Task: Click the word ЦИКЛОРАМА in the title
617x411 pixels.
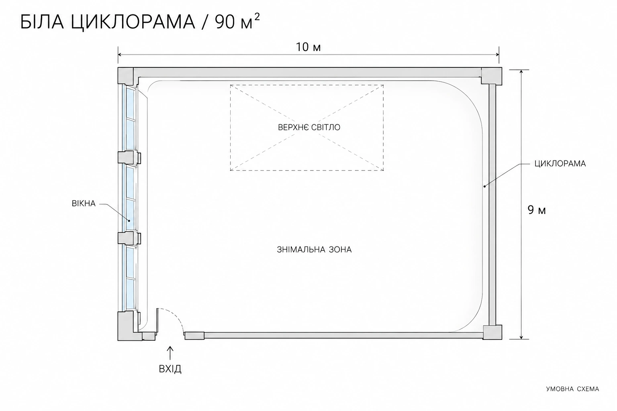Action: click(x=133, y=22)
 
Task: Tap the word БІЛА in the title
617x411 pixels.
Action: click(x=42, y=22)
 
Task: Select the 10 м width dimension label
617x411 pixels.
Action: click(x=308, y=47)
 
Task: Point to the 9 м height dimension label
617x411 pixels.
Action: click(x=537, y=210)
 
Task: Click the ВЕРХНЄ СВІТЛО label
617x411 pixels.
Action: click(x=309, y=128)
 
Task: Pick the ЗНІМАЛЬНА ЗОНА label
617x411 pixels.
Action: click(x=314, y=250)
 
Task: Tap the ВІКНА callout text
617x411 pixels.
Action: click(x=84, y=204)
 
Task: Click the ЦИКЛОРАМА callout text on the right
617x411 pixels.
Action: click(x=560, y=164)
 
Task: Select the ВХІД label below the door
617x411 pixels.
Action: click(x=170, y=369)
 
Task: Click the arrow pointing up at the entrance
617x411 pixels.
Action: click(x=170, y=353)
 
